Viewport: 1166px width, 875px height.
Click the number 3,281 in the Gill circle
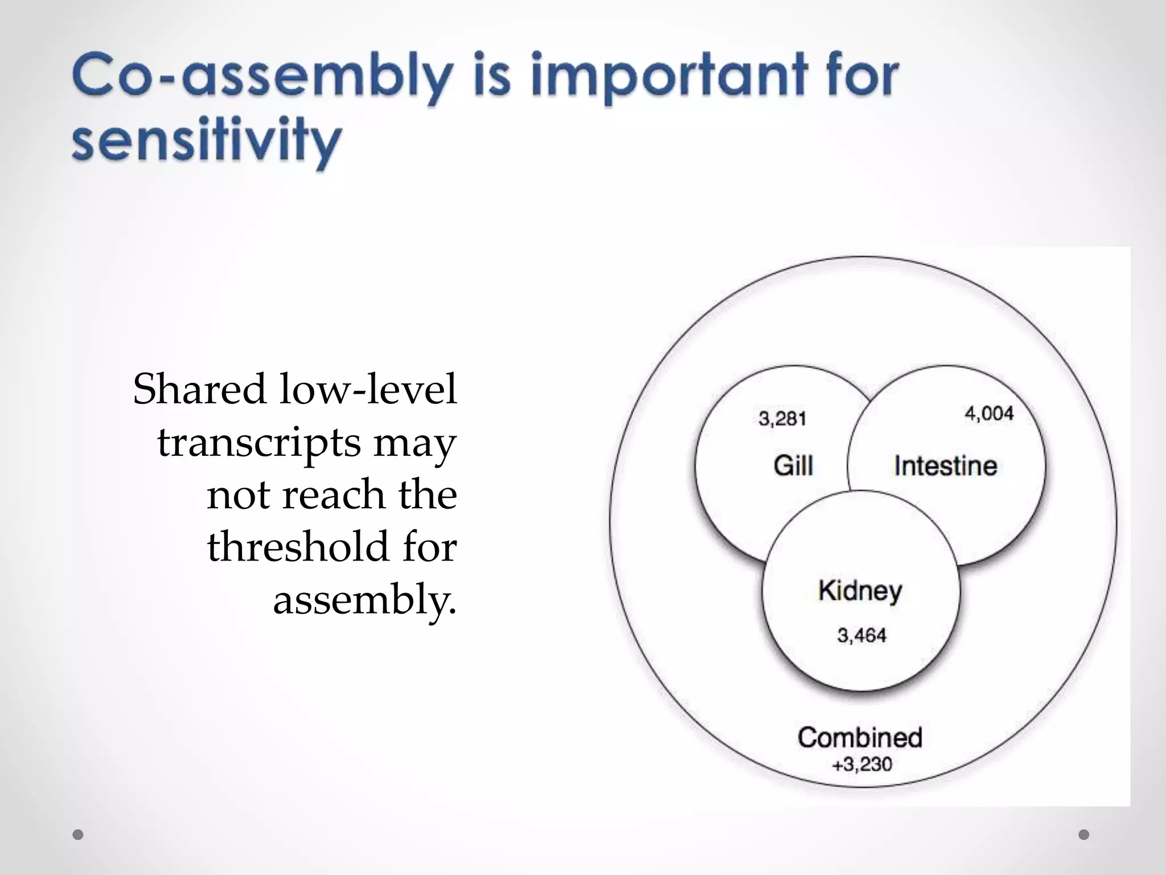(782, 419)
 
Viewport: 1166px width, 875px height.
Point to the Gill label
(793, 465)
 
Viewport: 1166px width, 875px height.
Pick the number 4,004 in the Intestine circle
(989, 414)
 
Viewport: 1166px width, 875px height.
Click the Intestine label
(946, 466)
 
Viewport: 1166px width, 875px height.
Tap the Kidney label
(860, 591)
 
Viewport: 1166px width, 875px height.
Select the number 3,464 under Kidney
(861, 635)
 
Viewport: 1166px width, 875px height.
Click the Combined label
(860, 737)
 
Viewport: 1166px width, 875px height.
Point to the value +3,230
(862, 764)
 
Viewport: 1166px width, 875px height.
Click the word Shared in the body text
(200, 389)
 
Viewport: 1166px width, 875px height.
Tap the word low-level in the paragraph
(368, 389)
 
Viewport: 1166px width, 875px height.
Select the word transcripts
(259, 442)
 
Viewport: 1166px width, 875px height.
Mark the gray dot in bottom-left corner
(78, 835)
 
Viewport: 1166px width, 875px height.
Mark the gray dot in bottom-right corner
(1084, 835)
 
